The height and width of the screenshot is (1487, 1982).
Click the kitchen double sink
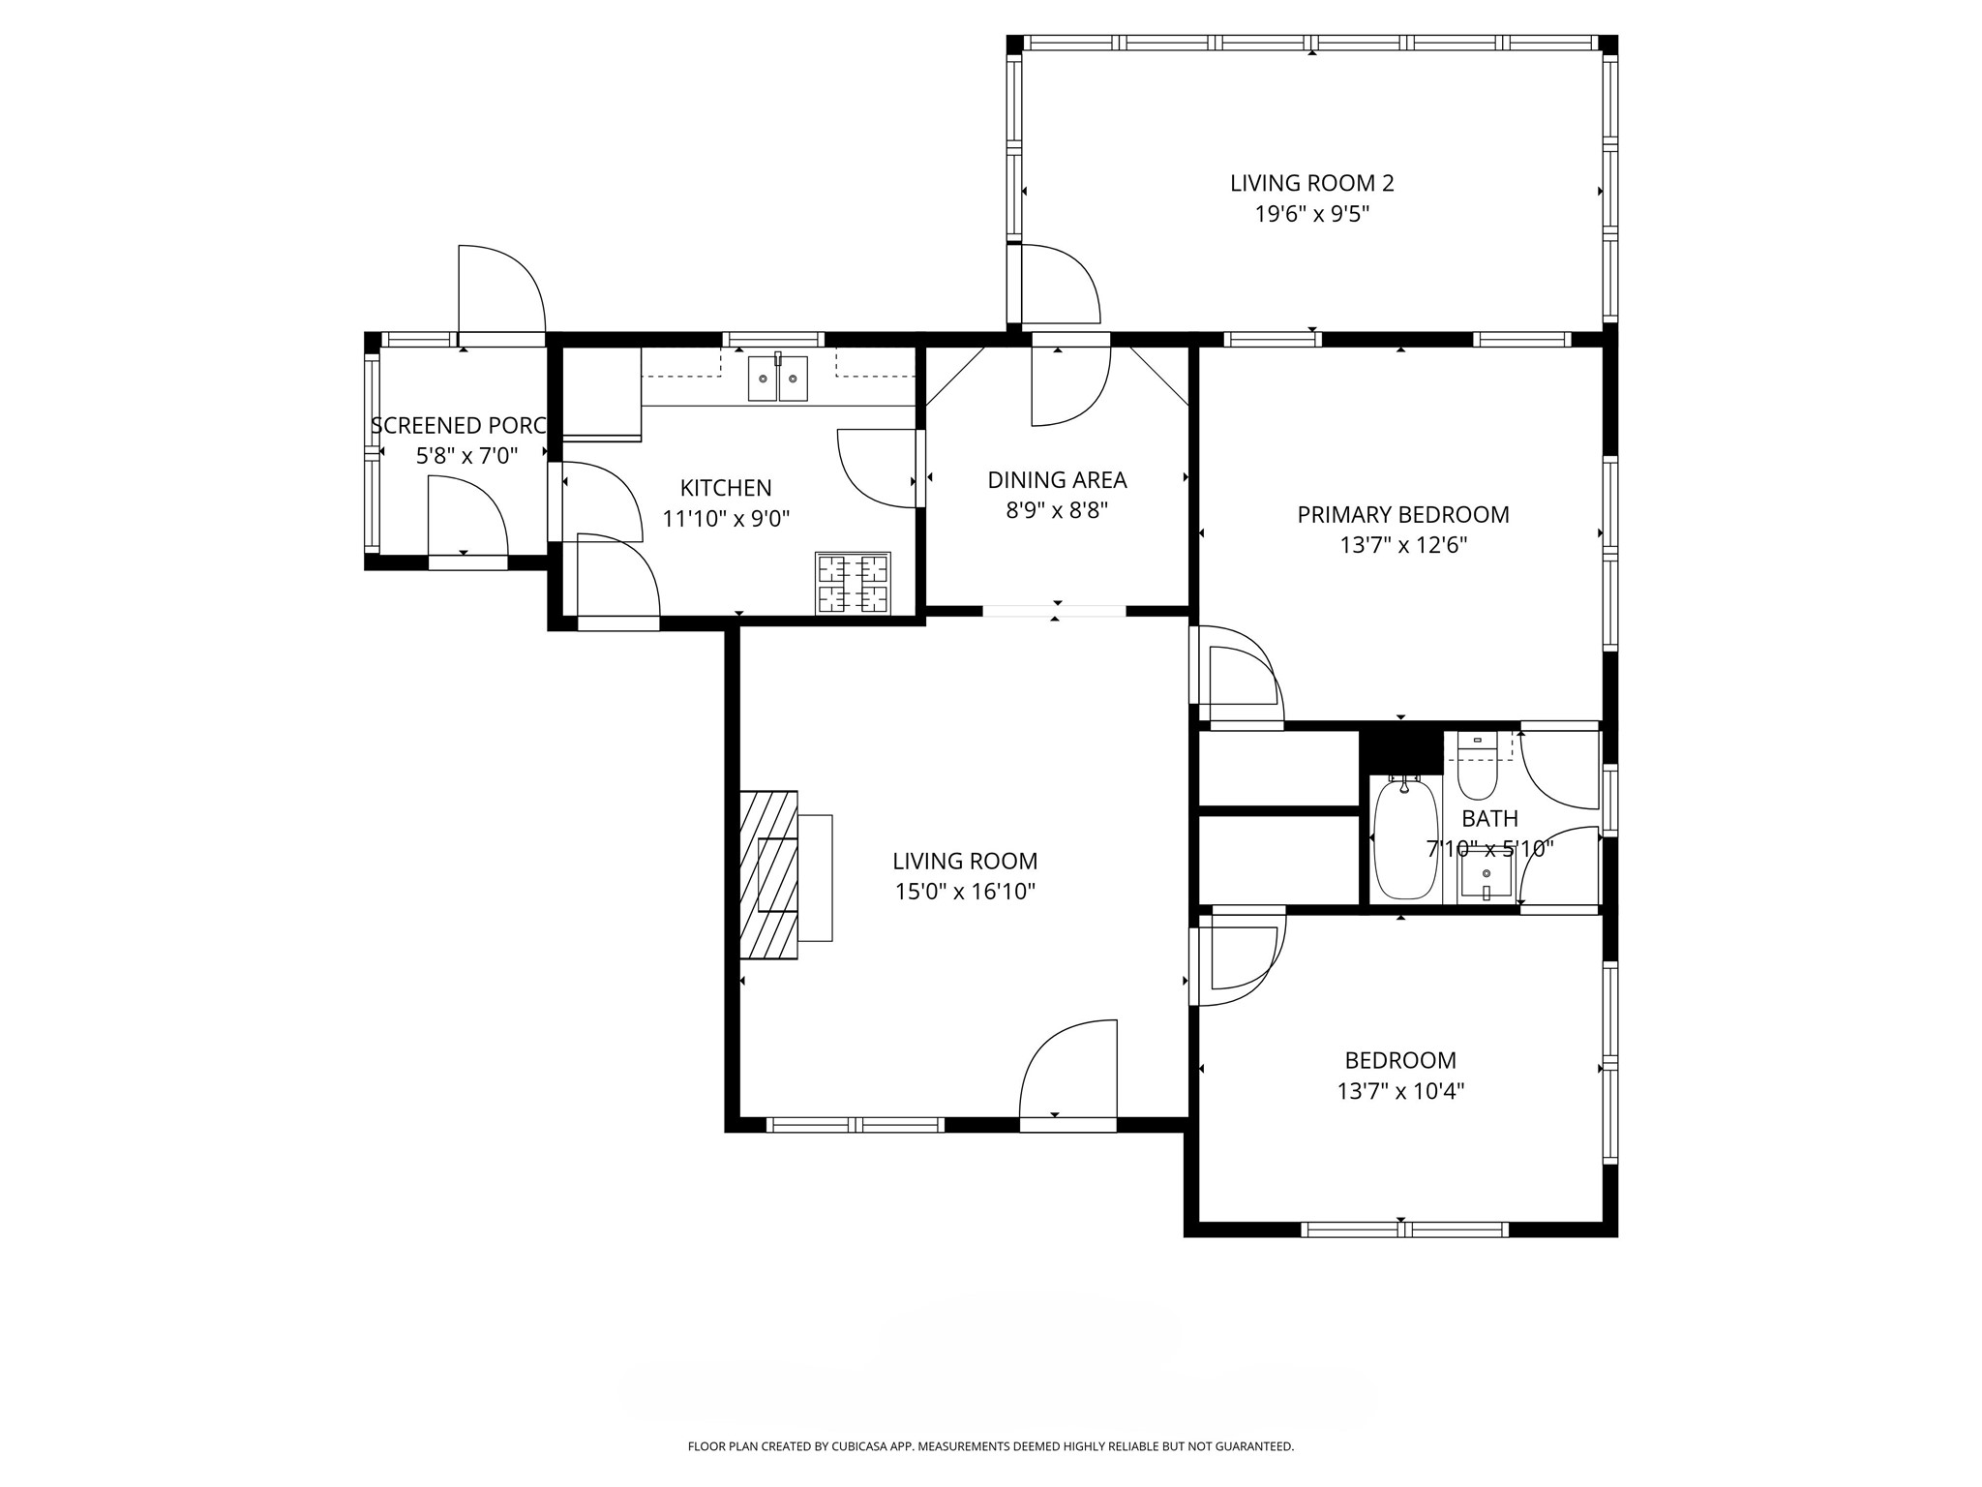(x=777, y=378)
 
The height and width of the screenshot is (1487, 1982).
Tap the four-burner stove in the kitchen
(x=853, y=583)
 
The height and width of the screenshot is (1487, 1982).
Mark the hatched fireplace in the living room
(x=769, y=875)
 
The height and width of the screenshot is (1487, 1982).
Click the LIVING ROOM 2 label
(x=1311, y=183)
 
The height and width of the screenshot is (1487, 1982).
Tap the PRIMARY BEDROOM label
(x=1403, y=515)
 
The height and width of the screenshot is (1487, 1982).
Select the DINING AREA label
(x=1057, y=480)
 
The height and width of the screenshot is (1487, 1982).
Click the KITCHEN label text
(x=726, y=488)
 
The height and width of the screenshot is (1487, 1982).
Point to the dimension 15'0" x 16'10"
(x=965, y=892)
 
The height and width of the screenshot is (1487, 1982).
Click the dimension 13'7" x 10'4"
(x=1400, y=1092)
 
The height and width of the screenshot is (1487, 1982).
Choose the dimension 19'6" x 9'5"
(x=1311, y=214)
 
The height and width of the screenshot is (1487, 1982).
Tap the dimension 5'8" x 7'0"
(x=467, y=456)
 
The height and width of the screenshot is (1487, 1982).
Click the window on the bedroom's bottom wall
(x=1404, y=1229)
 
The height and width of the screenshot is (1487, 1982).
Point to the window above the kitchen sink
(x=774, y=339)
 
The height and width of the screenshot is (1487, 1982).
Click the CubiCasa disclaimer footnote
(x=990, y=1446)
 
